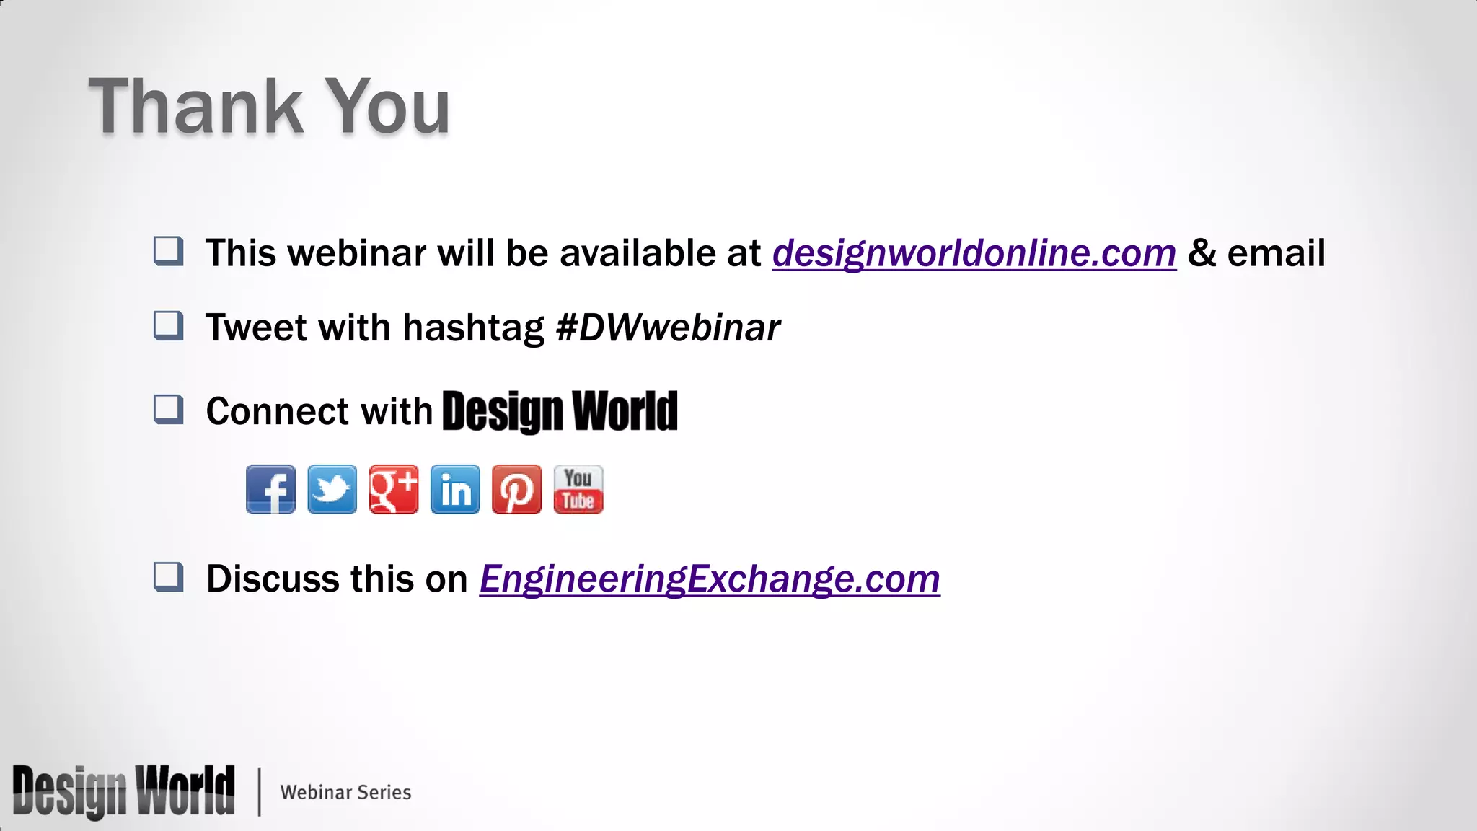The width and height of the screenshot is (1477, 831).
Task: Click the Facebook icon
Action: pyautogui.click(x=270, y=489)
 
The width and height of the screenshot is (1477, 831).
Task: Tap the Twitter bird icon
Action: pyautogui.click(x=332, y=489)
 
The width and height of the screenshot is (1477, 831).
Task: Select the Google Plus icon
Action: pyautogui.click(x=393, y=489)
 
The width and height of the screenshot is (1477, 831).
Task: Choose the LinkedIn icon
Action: pyautogui.click(x=455, y=489)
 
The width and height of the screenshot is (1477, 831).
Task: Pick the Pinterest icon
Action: pyautogui.click(x=516, y=489)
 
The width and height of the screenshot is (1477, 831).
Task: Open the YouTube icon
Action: pyautogui.click(x=578, y=489)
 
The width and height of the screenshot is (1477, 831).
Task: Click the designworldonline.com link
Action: pyautogui.click(x=974, y=253)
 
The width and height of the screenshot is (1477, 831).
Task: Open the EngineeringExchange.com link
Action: pyautogui.click(x=710, y=579)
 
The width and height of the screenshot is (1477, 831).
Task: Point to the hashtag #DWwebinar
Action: pyautogui.click(x=668, y=328)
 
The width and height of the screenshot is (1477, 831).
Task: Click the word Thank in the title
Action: pyautogui.click(x=195, y=107)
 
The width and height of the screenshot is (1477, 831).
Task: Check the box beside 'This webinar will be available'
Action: pyautogui.click(x=169, y=251)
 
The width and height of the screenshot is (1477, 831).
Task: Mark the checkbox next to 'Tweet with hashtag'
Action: pyautogui.click(x=169, y=325)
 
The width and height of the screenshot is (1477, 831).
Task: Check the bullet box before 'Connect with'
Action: pyautogui.click(x=169, y=409)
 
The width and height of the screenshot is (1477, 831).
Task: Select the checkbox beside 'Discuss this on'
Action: pyautogui.click(x=169, y=577)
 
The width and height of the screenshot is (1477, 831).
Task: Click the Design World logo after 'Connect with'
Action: pyautogui.click(x=560, y=411)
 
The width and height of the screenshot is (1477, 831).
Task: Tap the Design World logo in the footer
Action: pyautogui.click(x=123, y=791)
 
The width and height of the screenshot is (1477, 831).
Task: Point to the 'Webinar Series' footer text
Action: pyautogui.click(x=345, y=792)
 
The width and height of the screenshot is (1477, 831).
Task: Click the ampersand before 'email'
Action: pyautogui.click(x=1202, y=253)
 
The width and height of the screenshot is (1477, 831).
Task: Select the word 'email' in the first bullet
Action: pyautogui.click(x=1276, y=253)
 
